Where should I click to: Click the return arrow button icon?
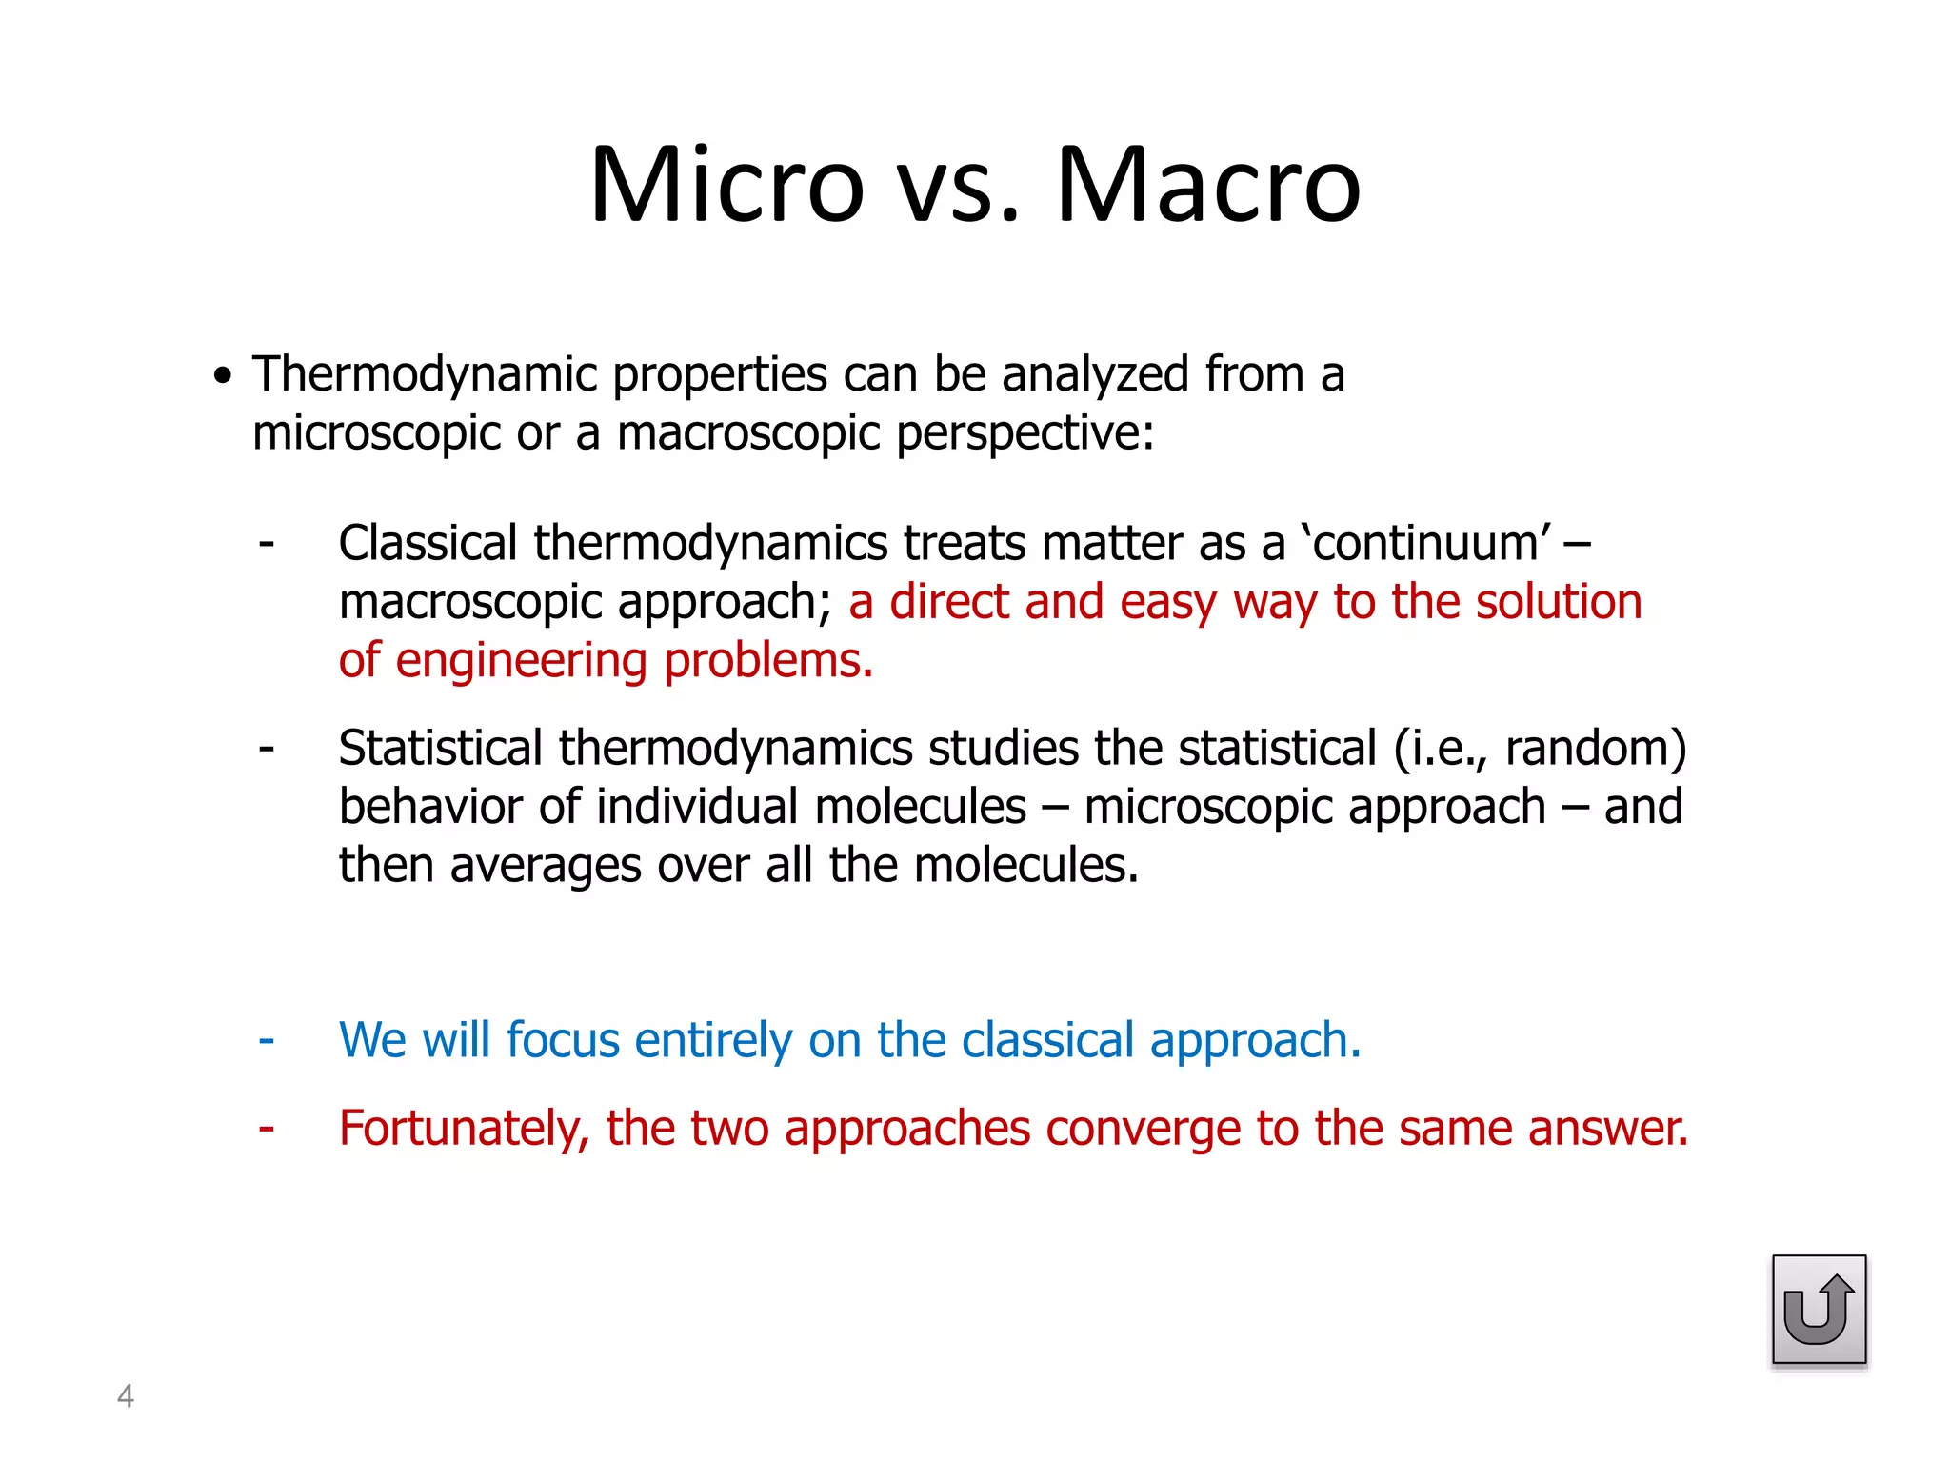(1819, 1310)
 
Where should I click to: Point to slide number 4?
(125, 1396)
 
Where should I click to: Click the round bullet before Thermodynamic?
(223, 376)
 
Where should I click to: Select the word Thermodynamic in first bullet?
(424, 374)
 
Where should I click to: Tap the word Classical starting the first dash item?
(428, 544)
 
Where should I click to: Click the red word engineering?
(521, 661)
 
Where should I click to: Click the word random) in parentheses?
(1596, 749)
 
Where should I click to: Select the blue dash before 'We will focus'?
(267, 1039)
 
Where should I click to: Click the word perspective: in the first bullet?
(1025, 433)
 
